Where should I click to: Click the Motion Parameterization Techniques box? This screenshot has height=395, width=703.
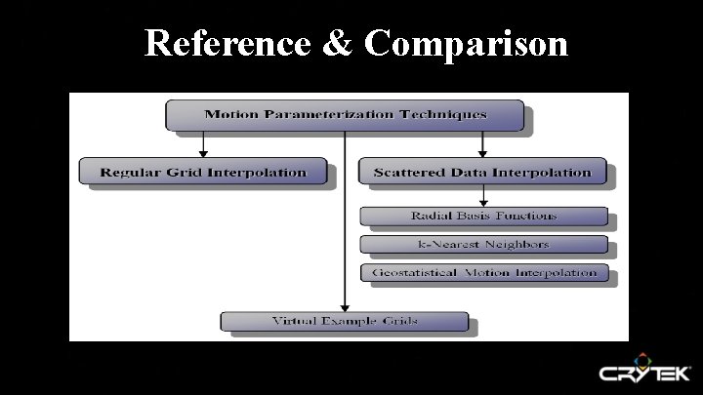pos(346,115)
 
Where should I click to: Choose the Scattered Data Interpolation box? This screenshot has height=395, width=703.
pos(482,173)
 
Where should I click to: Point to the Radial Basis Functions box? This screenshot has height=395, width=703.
pos(483,216)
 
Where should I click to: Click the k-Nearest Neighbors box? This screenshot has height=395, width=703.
pos(483,244)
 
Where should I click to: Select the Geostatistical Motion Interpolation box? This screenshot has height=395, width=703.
pos(483,272)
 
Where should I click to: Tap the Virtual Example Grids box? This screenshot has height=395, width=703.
pos(343,321)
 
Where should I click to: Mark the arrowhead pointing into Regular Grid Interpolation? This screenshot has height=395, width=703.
pos(203,153)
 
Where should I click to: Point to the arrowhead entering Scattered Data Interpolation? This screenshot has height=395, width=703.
pos(482,153)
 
